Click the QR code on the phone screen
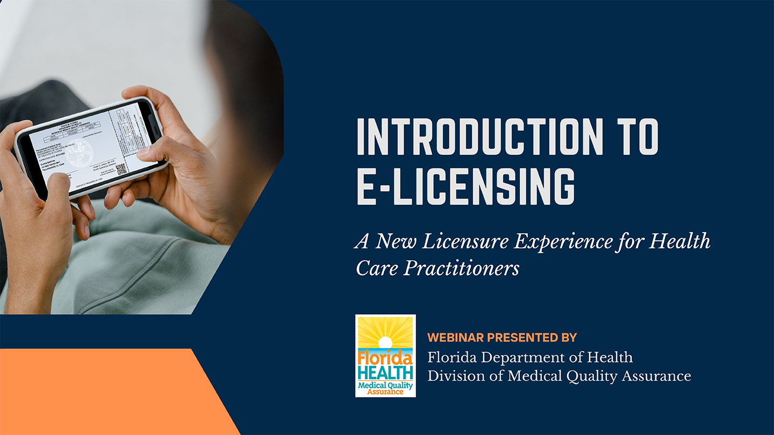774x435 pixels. click(x=121, y=169)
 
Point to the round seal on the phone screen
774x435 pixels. click(x=80, y=151)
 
